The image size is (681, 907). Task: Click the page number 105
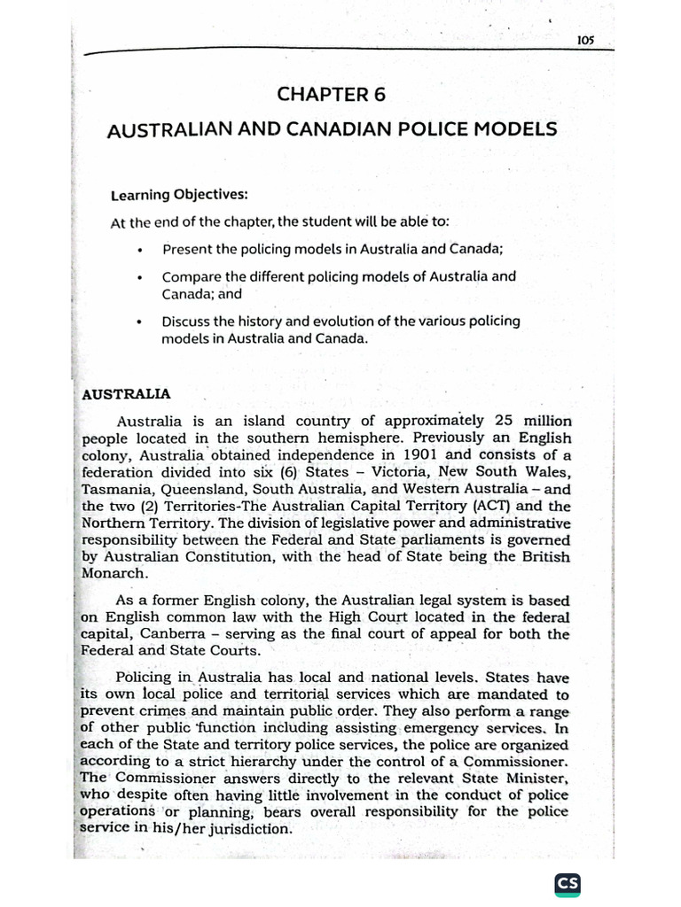click(583, 40)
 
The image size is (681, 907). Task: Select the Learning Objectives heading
click(179, 194)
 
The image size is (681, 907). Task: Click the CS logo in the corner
click(567, 885)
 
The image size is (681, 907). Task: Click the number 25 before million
click(505, 421)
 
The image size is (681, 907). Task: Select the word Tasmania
click(112, 488)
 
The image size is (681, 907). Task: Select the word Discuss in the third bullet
click(188, 321)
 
